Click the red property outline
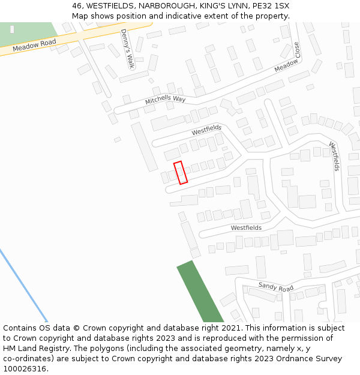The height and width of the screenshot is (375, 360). (x=181, y=172)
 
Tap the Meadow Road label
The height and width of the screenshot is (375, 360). (x=34, y=44)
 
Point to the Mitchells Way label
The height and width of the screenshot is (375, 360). (x=165, y=98)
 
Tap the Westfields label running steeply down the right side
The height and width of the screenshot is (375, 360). (x=334, y=156)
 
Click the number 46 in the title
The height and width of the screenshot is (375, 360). (x=77, y=5)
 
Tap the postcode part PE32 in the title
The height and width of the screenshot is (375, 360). (x=250, y=5)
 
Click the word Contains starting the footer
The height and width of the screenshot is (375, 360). (x=20, y=328)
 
